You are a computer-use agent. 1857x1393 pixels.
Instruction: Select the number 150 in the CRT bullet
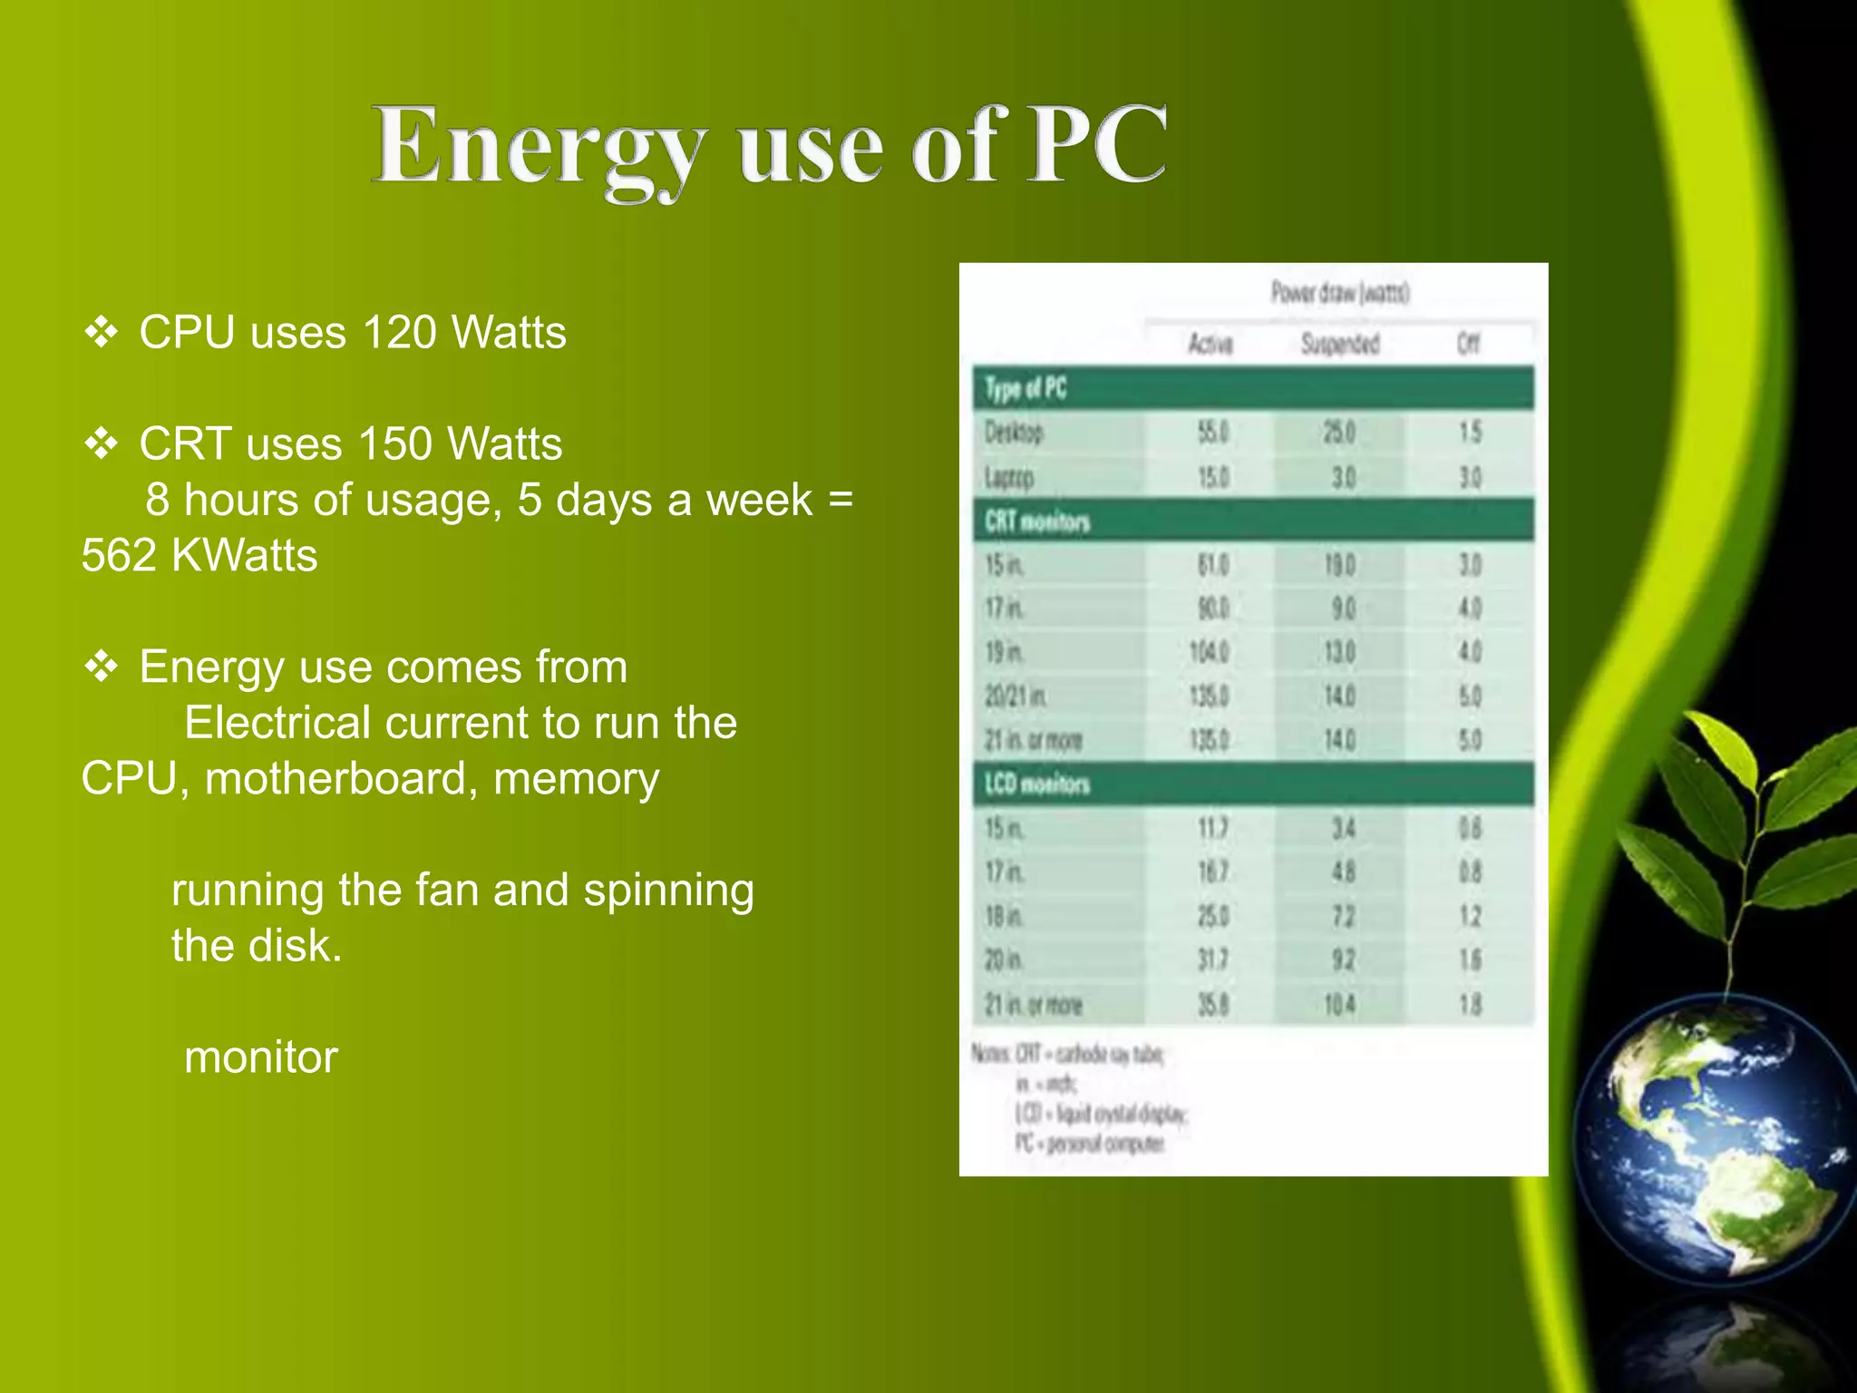click(x=394, y=444)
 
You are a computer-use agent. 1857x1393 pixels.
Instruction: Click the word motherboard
click(x=341, y=779)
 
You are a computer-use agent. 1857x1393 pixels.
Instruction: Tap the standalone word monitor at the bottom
click(x=261, y=1057)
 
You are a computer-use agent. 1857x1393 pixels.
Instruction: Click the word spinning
click(x=668, y=891)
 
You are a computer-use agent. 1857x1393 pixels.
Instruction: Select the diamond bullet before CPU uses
click(x=101, y=333)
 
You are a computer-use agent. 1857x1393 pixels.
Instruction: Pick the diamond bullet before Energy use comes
click(x=101, y=667)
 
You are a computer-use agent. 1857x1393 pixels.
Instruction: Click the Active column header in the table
click(x=1210, y=344)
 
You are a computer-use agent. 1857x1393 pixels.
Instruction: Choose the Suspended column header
click(x=1339, y=344)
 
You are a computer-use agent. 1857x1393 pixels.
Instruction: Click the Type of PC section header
click(x=1026, y=389)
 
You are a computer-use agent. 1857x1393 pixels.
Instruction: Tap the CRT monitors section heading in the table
click(x=1037, y=521)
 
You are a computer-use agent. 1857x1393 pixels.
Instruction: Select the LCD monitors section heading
click(x=1037, y=784)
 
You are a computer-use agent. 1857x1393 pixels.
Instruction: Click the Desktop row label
click(x=1015, y=433)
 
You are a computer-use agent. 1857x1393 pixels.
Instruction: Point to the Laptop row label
click(x=1009, y=477)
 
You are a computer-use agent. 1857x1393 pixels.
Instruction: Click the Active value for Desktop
click(x=1212, y=433)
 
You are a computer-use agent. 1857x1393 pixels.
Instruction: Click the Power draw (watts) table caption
click(x=1339, y=293)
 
